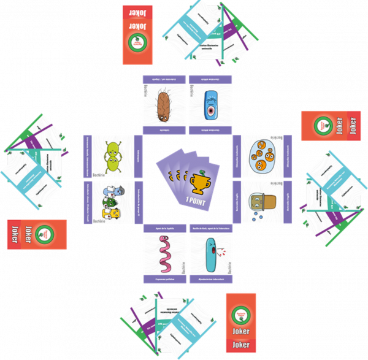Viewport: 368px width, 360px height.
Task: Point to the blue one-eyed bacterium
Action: click(x=212, y=105)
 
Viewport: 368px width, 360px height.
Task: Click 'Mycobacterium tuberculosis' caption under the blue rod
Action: click(x=211, y=278)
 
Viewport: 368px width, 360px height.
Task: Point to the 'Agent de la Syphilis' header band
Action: click(x=164, y=228)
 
